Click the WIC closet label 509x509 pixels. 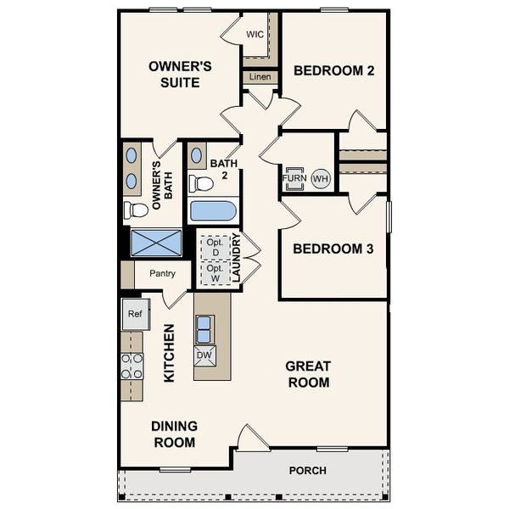pos(255,34)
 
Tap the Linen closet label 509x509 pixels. pos(260,77)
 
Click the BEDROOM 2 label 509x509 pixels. pos(334,71)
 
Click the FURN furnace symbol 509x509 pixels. pos(294,179)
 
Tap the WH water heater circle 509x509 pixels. pos(320,179)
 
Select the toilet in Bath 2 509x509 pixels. pos(200,182)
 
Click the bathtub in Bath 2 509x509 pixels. pos(213,210)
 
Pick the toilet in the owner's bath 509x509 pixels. pos(135,210)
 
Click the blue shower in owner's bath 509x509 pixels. pos(156,242)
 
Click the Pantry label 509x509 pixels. pos(162,274)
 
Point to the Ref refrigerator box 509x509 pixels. pos(134,314)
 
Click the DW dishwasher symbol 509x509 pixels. pos(204,355)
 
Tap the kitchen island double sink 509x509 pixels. pos(204,327)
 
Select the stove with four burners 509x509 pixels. pos(131,366)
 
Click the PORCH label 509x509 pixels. pos(307,471)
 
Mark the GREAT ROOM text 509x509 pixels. pos(307,374)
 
